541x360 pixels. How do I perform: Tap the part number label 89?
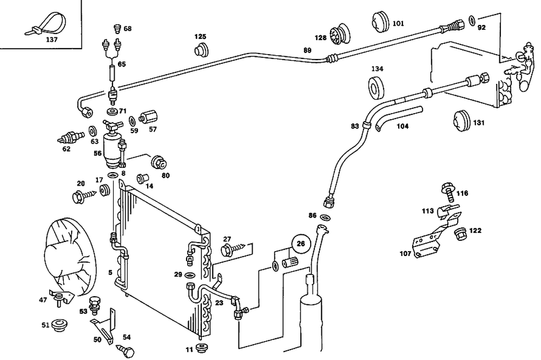(x=308, y=51)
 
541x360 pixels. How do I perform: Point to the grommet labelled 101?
(x=381, y=22)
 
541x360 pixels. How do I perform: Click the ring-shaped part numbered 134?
(x=377, y=87)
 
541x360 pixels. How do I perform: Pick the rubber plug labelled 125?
(x=202, y=51)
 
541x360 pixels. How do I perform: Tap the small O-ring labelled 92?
(x=472, y=21)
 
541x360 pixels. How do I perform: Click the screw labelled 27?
(x=230, y=250)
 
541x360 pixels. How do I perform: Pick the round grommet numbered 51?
(x=59, y=325)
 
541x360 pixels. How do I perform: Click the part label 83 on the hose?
(x=355, y=127)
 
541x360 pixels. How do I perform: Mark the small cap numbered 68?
(x=114, y=28)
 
